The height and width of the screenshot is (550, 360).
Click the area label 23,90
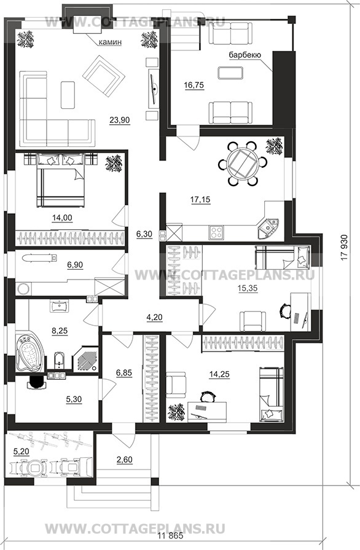(x=120, y=120)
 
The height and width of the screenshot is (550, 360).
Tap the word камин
(x=110, y=42)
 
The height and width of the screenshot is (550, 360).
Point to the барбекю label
(x=245, y=55)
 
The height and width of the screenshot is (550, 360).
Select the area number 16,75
(x=194, y=85)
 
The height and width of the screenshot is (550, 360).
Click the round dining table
(x=243, y=163)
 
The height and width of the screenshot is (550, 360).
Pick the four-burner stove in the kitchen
(x=217, y=232)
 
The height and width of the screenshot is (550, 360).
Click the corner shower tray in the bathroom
(x=85, y=358)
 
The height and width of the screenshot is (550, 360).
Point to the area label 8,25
(x=60, y=331)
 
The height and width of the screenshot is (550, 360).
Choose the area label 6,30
(x=144, y=234)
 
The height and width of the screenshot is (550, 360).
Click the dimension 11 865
(x=171, y=536)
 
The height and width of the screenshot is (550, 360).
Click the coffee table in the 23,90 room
(x=68, y=95)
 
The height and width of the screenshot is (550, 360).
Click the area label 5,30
(x=74, y=399)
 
